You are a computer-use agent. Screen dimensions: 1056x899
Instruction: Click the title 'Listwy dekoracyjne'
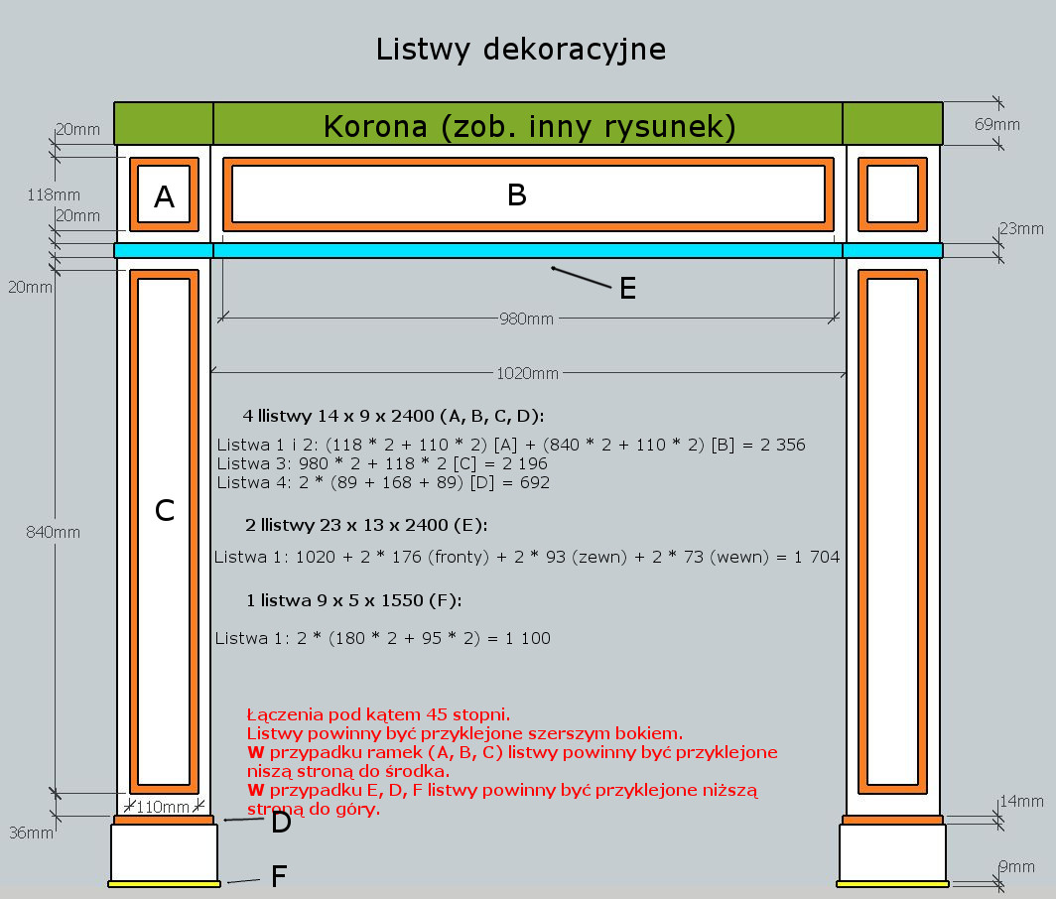[520, 49]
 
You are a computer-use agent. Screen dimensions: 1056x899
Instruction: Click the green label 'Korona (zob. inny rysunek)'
[529, 126]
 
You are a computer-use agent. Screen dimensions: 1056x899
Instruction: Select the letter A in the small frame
[165, 197]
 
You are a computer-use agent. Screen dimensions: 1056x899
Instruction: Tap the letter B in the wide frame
[516, 194]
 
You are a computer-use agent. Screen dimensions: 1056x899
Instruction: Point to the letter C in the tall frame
[165, 510]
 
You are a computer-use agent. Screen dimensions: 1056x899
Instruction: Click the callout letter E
[627, 289]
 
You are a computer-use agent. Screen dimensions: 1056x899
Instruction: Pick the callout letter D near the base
[281, 823]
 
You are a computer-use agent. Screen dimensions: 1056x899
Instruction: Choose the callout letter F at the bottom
[280, 876]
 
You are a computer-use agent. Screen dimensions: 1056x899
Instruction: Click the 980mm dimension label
[527, 320]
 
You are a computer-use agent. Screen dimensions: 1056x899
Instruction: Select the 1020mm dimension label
[527, 373]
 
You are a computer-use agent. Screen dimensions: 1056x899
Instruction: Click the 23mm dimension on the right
[1021, 229]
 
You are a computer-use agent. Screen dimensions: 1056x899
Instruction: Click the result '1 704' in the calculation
[816, 558]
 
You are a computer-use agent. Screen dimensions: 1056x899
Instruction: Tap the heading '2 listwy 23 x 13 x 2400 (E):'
[366, 524]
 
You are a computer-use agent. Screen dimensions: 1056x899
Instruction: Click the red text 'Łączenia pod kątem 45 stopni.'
[378, 714]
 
